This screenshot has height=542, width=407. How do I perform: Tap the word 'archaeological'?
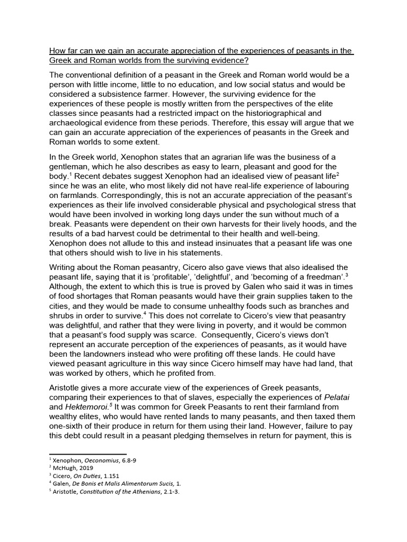point(80,122)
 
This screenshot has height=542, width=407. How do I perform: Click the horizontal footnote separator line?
point(88,454)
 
